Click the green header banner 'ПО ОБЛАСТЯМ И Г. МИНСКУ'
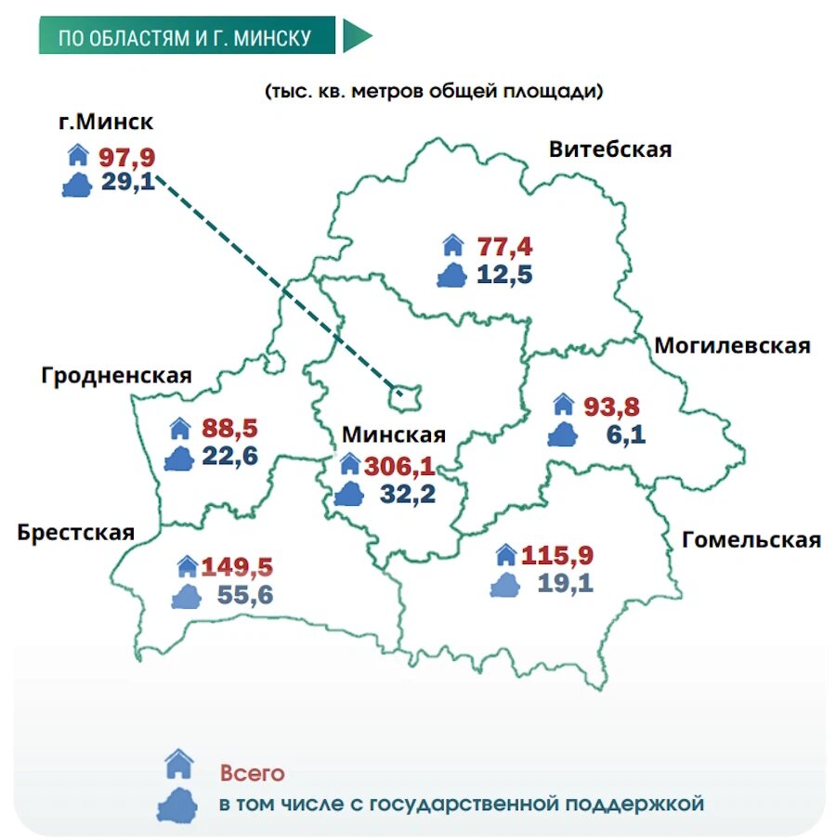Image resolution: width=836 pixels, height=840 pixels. coord(185,37)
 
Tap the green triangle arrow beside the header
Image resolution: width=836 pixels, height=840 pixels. coord(356,36)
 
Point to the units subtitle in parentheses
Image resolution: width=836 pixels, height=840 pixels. coord(434,92)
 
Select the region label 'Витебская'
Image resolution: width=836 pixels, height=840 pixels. coord(609,149)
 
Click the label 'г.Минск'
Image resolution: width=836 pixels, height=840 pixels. coord(105,123)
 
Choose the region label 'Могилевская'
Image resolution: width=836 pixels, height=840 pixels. coord(732,345)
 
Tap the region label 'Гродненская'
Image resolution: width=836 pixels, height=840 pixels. coord(116,375)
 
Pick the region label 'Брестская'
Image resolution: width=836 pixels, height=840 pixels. coord(75,532)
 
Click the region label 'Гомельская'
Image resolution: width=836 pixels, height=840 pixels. coord(751,539)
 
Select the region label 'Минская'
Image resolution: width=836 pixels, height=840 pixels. coord(394,434)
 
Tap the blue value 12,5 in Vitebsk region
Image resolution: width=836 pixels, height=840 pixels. coord(504,275)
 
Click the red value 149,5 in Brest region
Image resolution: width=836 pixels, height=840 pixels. coord(237,566)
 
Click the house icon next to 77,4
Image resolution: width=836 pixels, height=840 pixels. coord(452,245)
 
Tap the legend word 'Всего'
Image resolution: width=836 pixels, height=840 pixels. coord(252,773)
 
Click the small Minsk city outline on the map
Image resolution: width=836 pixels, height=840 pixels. coord(407,396)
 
